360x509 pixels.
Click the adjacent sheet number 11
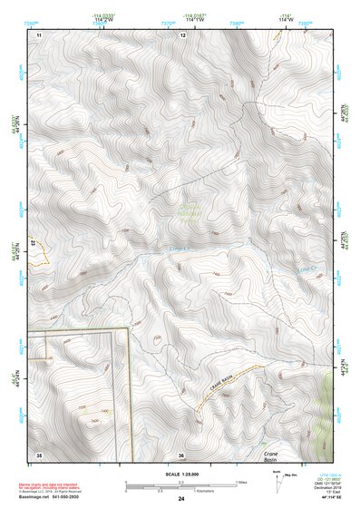(39, 34)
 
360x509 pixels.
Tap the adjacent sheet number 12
(182, 34)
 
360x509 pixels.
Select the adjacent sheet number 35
(39, 454)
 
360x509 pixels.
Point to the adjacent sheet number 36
(181, 454)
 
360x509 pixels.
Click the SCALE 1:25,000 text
(180, 474)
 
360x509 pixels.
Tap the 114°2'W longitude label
(104, 19)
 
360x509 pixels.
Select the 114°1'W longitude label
(193, 19)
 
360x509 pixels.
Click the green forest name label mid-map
(188, 214)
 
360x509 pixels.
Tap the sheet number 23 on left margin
(31, 243)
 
